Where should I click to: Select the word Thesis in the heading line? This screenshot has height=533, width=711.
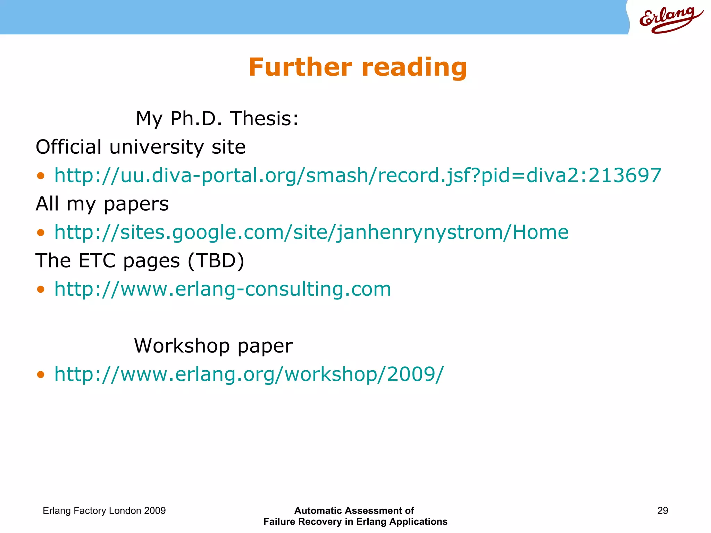click(x=264, y=119)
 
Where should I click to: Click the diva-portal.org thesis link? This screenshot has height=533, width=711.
click(x=358, y=175)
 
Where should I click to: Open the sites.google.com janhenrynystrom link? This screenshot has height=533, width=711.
click(x=311, y=232)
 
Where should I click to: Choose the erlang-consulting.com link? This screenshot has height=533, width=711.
click(x=223, y=289)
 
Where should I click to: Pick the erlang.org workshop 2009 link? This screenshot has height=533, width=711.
click(x=249, y=374)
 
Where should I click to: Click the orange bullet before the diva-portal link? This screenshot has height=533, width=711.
click(x=41, y=176)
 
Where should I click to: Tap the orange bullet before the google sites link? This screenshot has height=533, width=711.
click(x=41, y=232)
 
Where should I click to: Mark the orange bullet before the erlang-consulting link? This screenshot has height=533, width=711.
click(x=41, y=289)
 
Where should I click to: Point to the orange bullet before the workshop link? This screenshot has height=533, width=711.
click(x=41, y=375)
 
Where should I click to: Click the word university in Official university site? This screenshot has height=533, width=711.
click(x=156, y=147)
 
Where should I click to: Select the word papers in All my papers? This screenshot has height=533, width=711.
click(x=136, y=204)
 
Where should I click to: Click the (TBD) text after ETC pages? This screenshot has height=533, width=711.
click(x=216, y=261)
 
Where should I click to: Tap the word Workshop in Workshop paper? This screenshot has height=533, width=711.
click(x=182, y=346)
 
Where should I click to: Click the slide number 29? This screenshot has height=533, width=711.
click(x=662, y=510)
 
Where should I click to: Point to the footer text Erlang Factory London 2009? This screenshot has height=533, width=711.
click(x=104, y=510)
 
